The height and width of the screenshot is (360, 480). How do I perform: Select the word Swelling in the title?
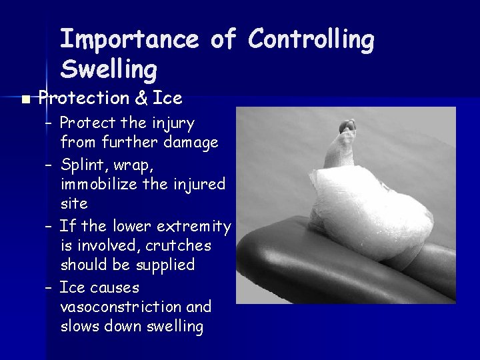109,68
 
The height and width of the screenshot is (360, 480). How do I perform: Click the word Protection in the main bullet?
83,99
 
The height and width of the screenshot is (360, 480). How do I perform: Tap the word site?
74,202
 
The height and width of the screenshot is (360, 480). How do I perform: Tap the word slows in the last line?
80,326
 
